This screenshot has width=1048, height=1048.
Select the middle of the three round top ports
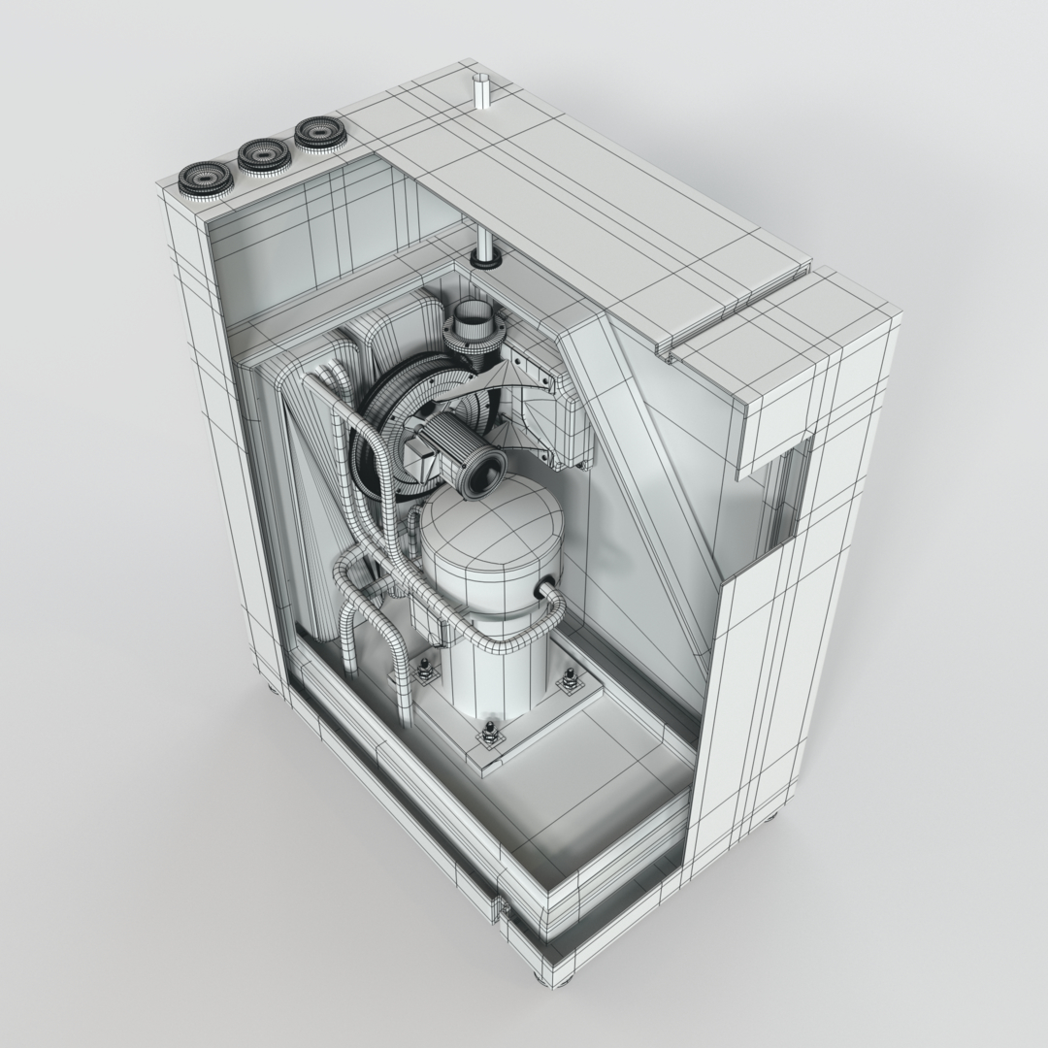(263, 154)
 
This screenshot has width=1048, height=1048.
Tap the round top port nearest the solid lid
(320, 133)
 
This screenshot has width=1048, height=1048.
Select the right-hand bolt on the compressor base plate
(570, 680)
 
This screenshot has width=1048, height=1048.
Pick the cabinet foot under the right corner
(772, 816)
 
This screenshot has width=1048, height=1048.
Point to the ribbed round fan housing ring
(388, 427)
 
